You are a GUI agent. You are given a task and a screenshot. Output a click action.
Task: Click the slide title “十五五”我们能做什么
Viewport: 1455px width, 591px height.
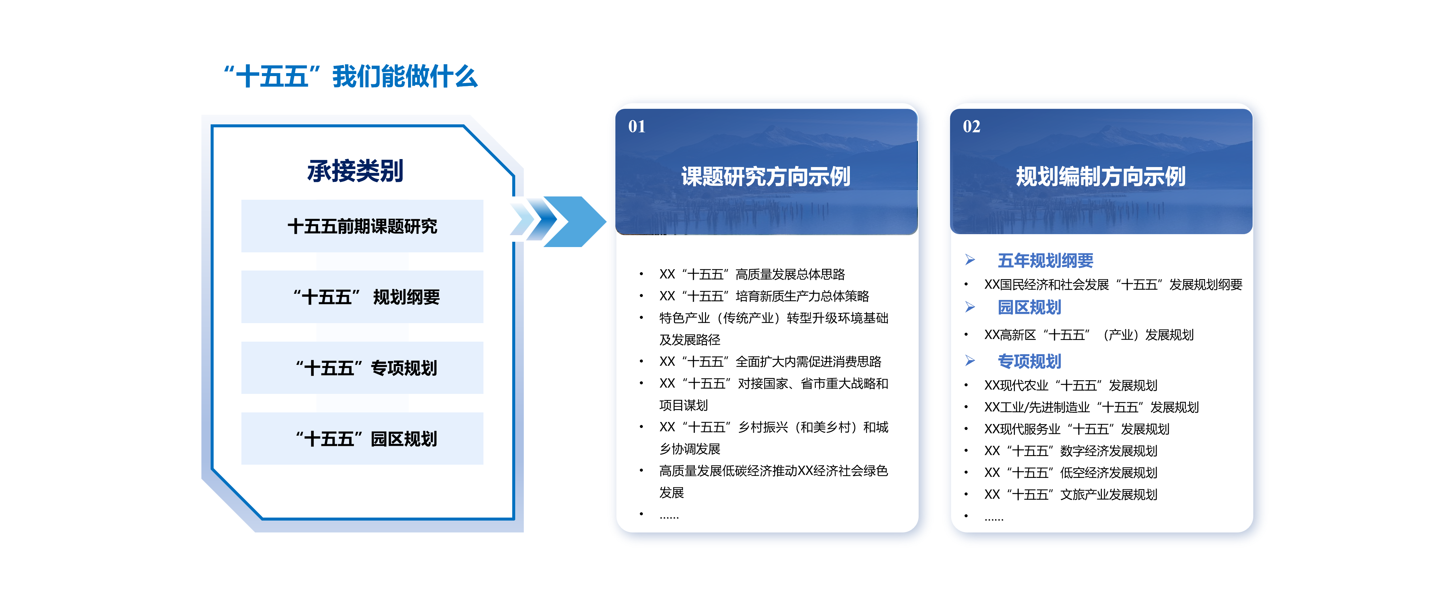pos(350,76)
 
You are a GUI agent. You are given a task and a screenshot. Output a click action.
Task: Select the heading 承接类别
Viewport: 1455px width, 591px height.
pos(355,171)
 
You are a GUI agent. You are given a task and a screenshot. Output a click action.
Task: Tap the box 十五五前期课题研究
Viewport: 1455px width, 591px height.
pos(362,226)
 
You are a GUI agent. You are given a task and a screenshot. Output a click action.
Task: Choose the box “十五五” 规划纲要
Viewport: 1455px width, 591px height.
pos(362,297)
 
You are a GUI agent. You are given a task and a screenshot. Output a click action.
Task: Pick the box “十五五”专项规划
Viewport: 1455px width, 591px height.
pos(362,368)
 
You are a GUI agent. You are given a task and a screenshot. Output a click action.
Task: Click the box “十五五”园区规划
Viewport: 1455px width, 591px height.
pos(362,439)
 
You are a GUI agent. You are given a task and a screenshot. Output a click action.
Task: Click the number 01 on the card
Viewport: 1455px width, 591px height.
pos(637,127)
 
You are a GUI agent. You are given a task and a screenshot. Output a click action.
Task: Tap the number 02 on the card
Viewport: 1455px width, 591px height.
pos(972,127)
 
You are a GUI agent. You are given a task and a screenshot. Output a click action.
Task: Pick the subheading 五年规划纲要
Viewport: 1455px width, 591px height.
pos(1046,261)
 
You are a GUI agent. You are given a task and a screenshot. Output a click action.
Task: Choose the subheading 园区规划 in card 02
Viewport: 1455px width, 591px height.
pos(1029,307)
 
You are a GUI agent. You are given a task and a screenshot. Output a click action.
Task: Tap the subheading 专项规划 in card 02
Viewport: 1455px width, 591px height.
pos(1029,361)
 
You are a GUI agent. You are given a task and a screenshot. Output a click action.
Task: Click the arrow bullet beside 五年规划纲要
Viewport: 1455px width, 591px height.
pos(970,260)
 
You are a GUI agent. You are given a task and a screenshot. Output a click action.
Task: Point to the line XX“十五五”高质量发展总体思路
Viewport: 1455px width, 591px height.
pos(752,274)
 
